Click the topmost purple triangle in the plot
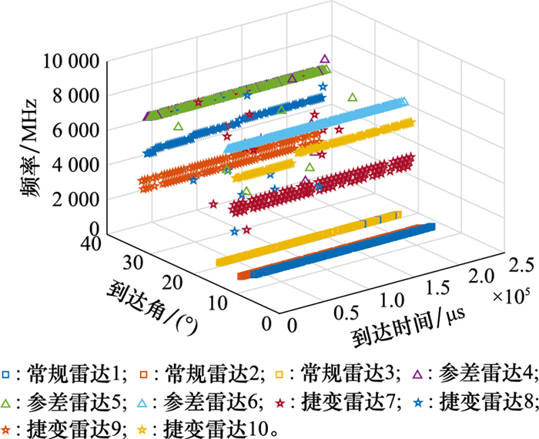pyautogui.click(x=325, y=59)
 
